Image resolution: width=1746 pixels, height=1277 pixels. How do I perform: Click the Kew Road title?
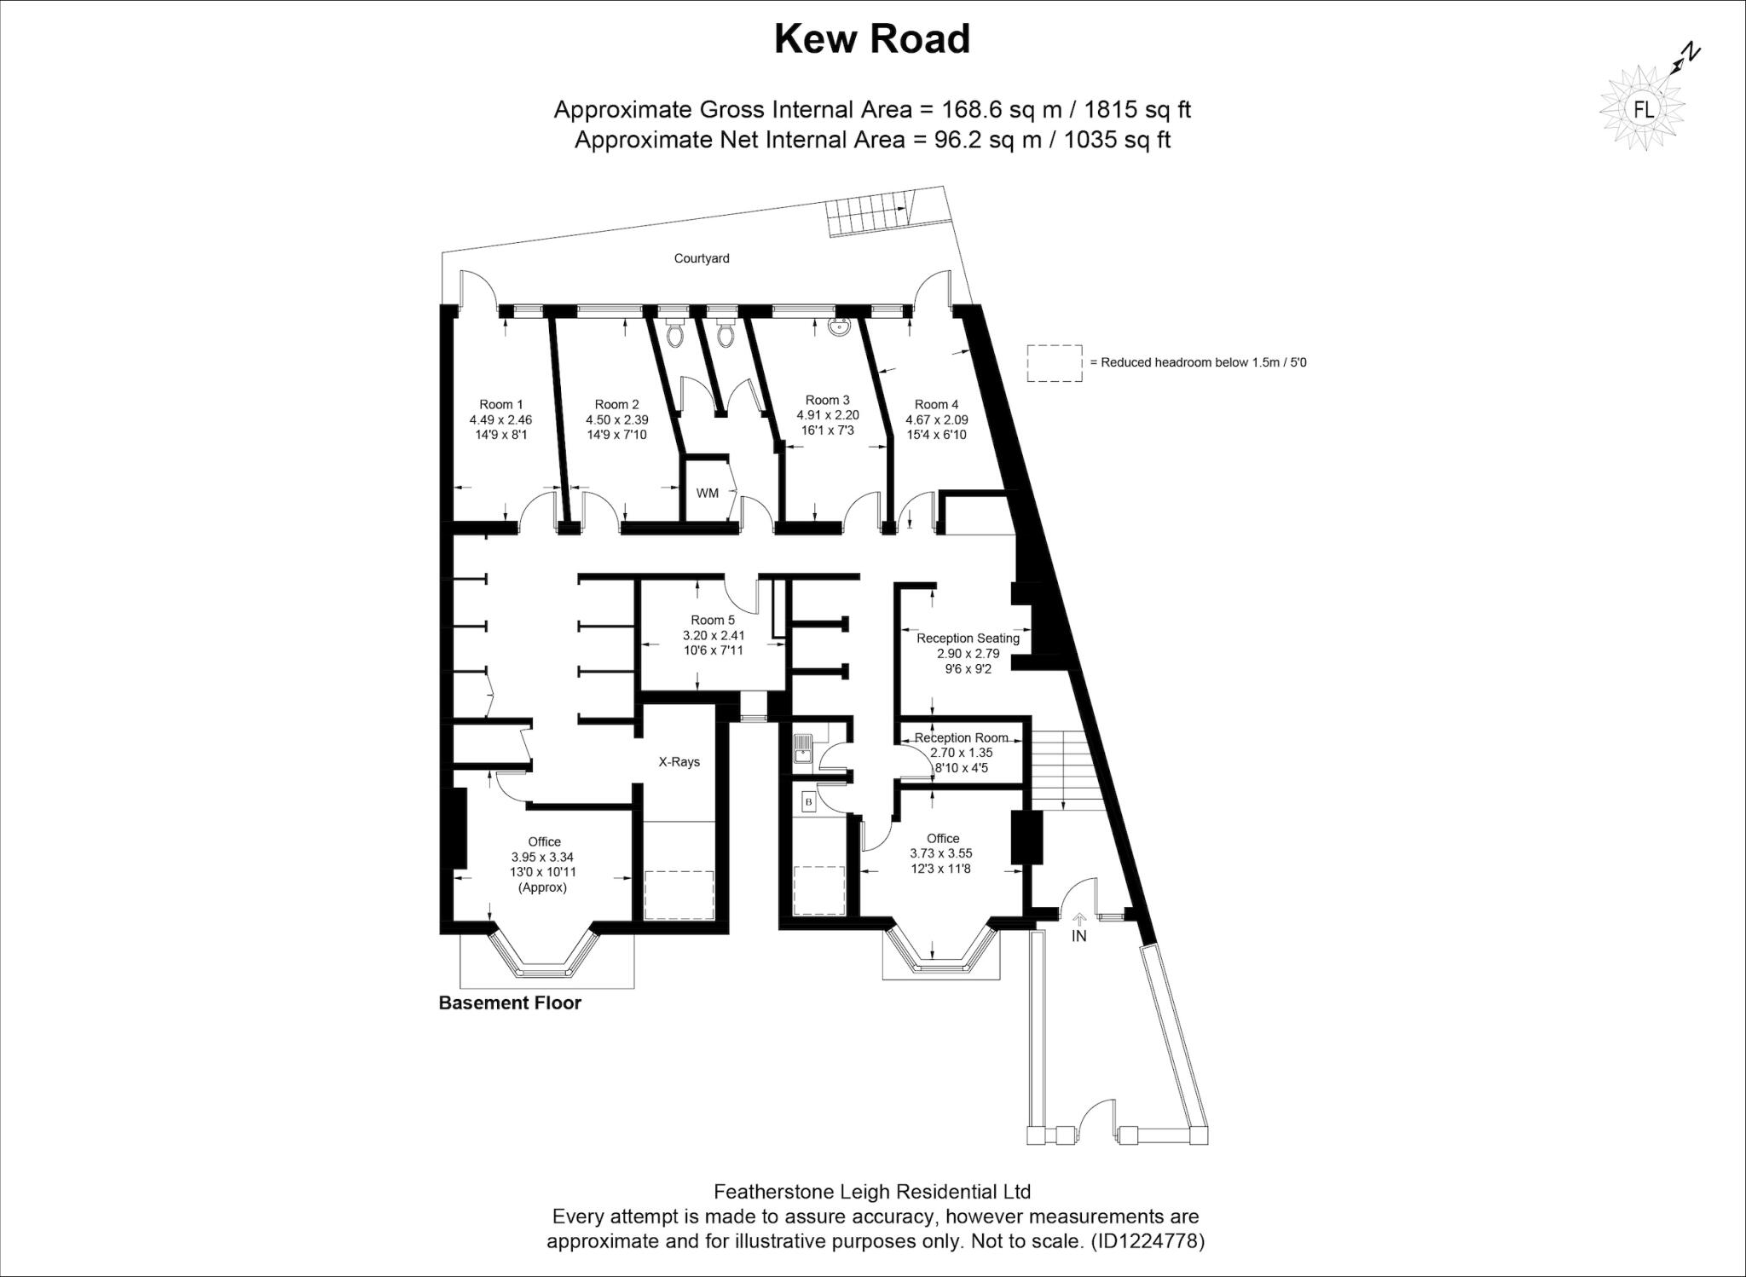coord(872,40)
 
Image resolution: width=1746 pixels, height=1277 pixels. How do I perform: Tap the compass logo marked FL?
coord(1643,109)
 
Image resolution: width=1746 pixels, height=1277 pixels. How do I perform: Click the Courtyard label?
coord(702,258)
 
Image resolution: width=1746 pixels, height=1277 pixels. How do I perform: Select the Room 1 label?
coord(500,405)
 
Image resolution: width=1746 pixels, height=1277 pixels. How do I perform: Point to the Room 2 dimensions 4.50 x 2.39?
coord(616,419)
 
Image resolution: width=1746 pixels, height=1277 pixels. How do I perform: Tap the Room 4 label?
coord(936,405)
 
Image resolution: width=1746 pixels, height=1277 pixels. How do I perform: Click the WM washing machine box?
coord(707,493)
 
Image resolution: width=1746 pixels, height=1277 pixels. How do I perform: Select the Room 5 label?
coord(713,621)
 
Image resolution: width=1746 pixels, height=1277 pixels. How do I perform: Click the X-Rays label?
coord(679,762)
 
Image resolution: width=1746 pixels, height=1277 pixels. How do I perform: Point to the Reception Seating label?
coord(968,638)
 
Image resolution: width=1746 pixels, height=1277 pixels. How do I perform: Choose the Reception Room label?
coord(961,738)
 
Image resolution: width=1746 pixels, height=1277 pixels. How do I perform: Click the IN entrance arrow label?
coord(1079,935)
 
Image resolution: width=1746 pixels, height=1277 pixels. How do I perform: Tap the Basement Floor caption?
coord(510,1003)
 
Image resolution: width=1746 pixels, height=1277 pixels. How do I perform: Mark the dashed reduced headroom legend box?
coord(1055,363)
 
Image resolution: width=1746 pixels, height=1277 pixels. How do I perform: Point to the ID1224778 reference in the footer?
coord(1148,1241)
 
